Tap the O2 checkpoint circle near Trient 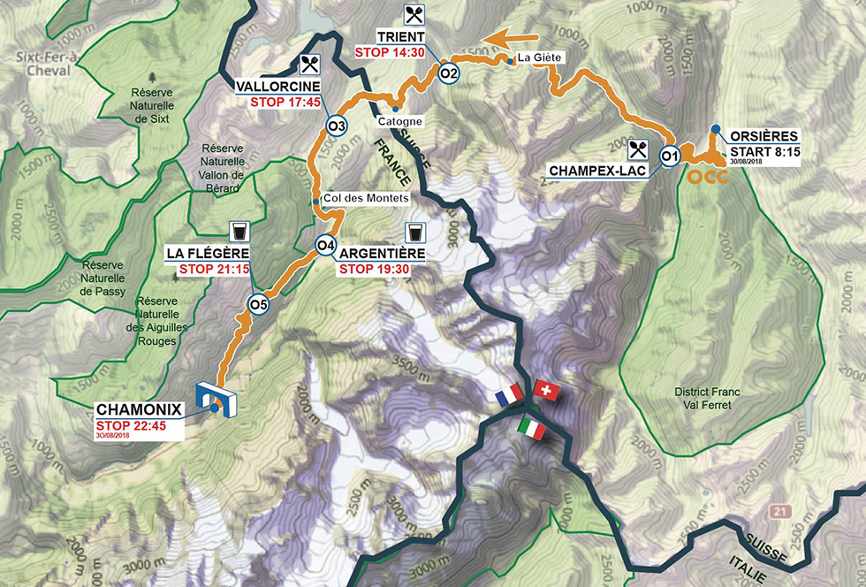(x=448, y=72)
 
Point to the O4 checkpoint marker (x=325, y=245)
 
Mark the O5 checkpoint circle (x=257, y=306)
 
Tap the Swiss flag (x=547, y=391)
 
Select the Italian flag (x=534, y=429)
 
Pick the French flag (x=510, y=396)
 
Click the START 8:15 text (x=764, y=150)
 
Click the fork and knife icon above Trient (x=414, y=14)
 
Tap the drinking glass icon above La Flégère (x=238, y=232)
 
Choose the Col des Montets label (x=366, y=199)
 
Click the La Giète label (x=539, y=58)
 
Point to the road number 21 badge (x=776, y=512)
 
